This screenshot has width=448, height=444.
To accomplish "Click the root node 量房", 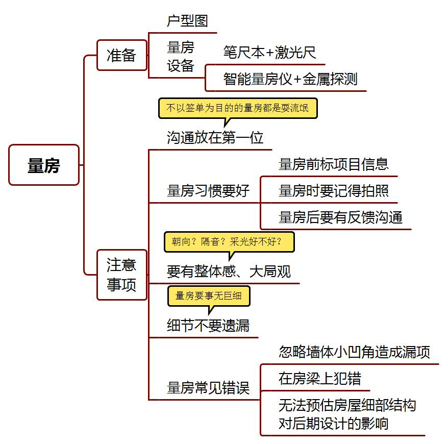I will (x=44, y=165).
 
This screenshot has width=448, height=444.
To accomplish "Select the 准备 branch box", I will (x=121, y=55).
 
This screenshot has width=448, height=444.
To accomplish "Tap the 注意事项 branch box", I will (x=121, y=275).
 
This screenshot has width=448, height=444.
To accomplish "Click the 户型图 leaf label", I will (x=187, y=21).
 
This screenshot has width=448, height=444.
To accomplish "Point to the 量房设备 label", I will (x=181, y=57).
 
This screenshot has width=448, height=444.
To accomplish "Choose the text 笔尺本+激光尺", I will (x=269, y=52).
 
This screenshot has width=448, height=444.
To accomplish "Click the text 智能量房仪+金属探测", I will (x=290, y=79).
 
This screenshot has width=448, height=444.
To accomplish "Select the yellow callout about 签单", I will (x=237, y=108).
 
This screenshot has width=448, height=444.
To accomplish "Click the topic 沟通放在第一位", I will (x=215, y=138).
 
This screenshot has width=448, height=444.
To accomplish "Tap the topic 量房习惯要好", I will (x=208, y=191).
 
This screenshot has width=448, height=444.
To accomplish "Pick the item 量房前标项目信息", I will (x=334, y=164).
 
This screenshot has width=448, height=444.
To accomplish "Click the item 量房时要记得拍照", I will (x=334, y=191).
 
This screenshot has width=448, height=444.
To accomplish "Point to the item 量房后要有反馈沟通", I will (x=340, y=217).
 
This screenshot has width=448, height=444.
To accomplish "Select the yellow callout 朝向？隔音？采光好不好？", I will (x=229, y=242).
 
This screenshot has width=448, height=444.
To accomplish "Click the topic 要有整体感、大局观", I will (x=229, y=272).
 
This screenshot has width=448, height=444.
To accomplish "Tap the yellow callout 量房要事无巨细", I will (x=208, y=296).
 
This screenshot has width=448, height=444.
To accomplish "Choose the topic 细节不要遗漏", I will (x=208, y=326).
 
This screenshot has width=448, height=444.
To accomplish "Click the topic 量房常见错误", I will (x=208, y=388).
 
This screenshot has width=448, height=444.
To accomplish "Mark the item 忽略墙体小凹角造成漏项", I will (x=354, y=352).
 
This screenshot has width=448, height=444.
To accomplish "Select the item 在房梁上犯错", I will (x=319, y=378).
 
